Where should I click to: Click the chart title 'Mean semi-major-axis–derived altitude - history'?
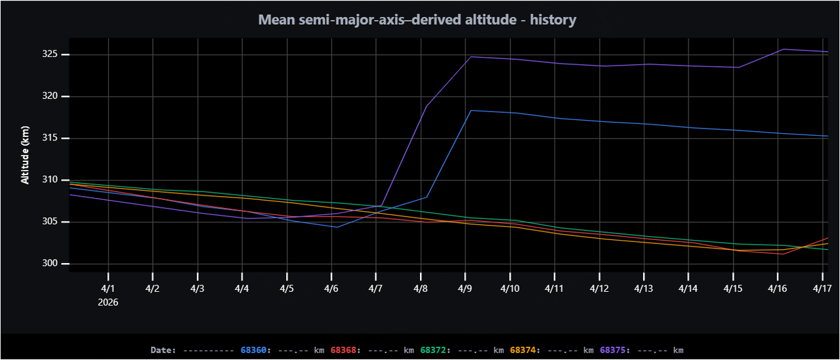tap(417, 20)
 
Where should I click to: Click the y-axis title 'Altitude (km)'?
tap(25, 155)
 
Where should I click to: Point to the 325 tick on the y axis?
tap(51, 54)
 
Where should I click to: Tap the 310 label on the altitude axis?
tap(51, 180)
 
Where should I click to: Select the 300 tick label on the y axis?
tap(51, 264)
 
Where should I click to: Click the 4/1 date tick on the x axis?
tap(108, 289)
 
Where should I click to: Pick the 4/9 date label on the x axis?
tap(465, 289)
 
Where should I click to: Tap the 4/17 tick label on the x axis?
tap(822, 289)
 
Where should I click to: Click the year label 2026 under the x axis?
tap(108, 302)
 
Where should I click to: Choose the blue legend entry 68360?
tap(254, 350)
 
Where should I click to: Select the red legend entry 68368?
tap(343, 350)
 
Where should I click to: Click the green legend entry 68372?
tap(433, 350)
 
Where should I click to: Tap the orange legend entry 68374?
tap(523, 350)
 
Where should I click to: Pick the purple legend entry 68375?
tap(613, 350)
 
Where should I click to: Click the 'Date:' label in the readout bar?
tap(163, 350)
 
